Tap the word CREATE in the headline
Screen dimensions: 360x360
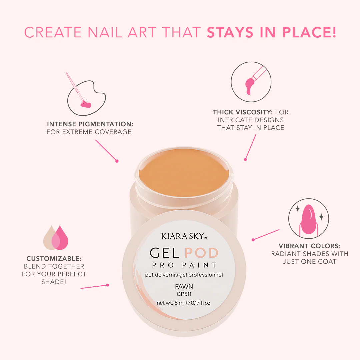53,32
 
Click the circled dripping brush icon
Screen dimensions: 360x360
251,82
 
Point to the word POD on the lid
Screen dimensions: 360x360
201,253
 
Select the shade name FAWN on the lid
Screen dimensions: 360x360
184,287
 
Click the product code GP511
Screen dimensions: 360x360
184,294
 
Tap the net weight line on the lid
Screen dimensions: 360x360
183,303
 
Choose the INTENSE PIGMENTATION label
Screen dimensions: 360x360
90,124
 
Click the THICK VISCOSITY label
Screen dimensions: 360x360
242,112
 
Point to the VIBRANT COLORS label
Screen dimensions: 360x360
310,246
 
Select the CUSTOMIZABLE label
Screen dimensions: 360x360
54,259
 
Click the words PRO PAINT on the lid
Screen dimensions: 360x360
184,265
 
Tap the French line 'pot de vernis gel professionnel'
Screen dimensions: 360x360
184,275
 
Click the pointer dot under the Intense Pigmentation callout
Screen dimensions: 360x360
117,161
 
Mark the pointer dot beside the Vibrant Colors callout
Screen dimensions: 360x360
253,240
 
